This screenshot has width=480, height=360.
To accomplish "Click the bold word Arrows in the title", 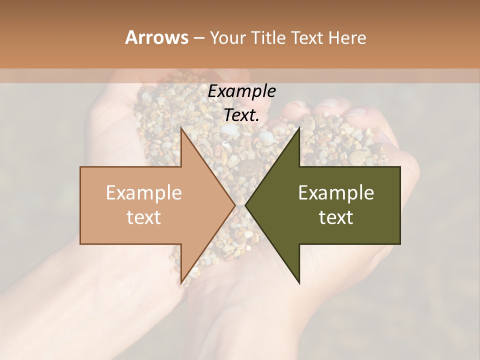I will coord(156,37).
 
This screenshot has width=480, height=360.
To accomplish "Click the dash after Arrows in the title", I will coord(198,38).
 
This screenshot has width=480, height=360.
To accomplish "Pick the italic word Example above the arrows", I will coord(242,91).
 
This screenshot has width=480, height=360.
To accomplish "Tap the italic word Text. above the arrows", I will coord(242,115).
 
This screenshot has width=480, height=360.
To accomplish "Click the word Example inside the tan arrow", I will coord(144,193).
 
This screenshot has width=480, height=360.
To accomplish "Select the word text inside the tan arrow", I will coord(144,217).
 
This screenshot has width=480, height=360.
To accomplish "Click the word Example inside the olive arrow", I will coord(336,193).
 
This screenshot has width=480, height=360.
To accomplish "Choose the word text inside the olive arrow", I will coord(336,217).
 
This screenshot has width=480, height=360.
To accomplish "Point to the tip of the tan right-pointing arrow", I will coord(235,205).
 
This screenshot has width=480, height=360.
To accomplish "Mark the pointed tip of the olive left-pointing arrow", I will coord(245,205).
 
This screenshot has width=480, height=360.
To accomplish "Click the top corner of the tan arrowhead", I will coord(181,127).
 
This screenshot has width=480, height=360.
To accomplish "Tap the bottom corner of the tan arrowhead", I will coord(181,283).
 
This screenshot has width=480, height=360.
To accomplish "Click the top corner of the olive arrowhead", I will coord(299,127).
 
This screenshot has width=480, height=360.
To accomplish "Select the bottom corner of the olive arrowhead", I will coord(299,283).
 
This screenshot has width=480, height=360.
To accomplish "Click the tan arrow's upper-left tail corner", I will coord(80,167).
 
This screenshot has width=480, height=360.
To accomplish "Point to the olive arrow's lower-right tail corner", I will coord(400,244).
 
